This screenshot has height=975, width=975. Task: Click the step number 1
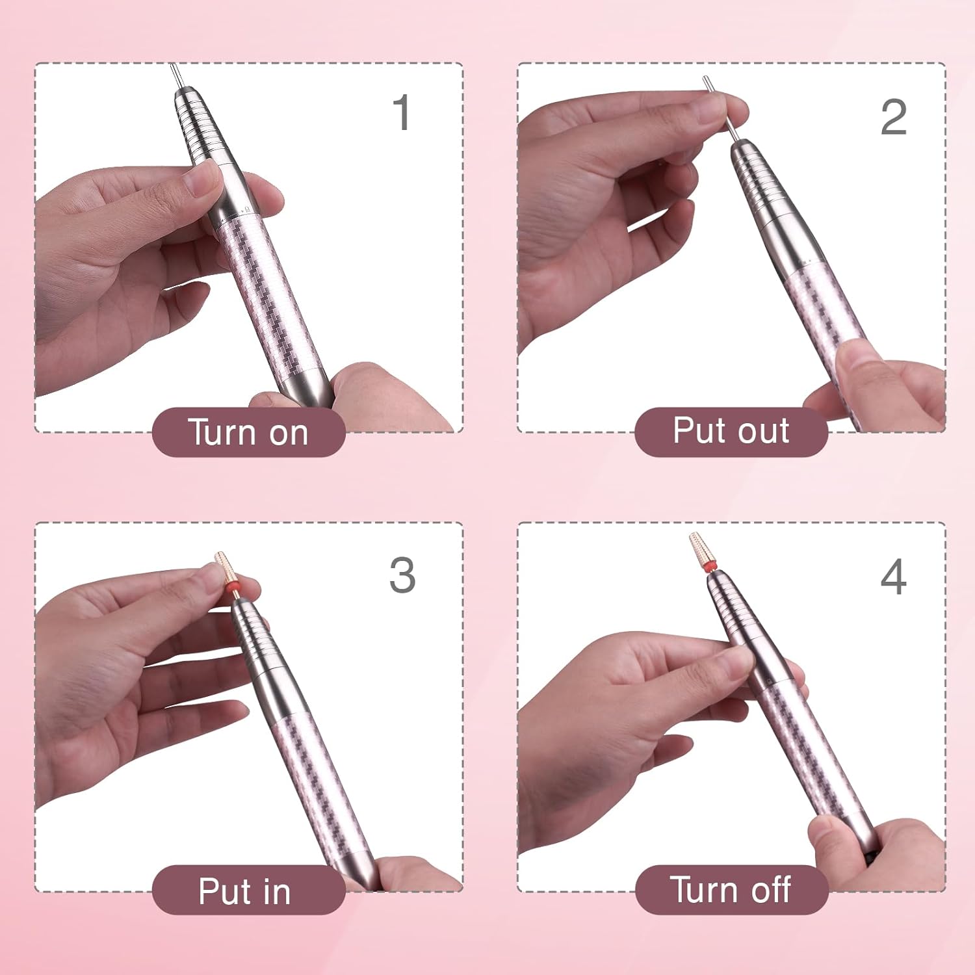(x=402, y=112)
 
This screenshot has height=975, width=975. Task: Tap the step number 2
(x=893, y=118)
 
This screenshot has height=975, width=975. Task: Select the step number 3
(x=402, y=575)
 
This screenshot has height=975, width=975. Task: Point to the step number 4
(x=893, y=577)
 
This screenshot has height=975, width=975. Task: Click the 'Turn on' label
(x=248, y=432)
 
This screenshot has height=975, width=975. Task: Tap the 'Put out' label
(x=731, y=431)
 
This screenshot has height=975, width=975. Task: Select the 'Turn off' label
(x=731, y=889)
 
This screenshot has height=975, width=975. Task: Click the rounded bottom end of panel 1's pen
(x=310, y=390)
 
